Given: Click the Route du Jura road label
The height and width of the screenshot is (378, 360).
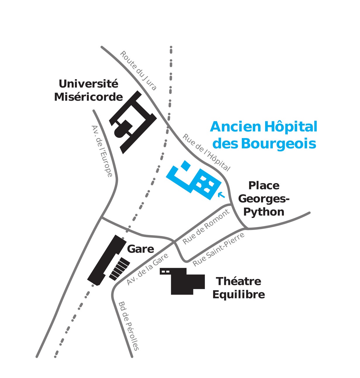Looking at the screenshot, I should [x=138, y=71].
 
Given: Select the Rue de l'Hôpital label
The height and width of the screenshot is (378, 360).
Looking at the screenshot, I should [x=206, y=152].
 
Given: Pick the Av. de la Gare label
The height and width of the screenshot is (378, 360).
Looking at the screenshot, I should [x=148, y=269].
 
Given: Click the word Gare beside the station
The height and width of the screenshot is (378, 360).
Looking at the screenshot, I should [x=140, y=249].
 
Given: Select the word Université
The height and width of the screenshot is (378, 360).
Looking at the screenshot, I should [x=88, y=84].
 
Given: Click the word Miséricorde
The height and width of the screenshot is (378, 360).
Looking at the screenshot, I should [x=88, y=97].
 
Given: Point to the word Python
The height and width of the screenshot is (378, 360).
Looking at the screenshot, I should [x=264, y=212].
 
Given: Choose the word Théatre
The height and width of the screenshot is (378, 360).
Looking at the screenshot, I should [x=239, y=281].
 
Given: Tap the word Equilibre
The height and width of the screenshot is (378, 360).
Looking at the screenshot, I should [x=239, y=294].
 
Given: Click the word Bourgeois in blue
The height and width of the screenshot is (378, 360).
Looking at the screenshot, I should [x=279, y=144].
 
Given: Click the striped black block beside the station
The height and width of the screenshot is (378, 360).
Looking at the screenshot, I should [x=119, y=269].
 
